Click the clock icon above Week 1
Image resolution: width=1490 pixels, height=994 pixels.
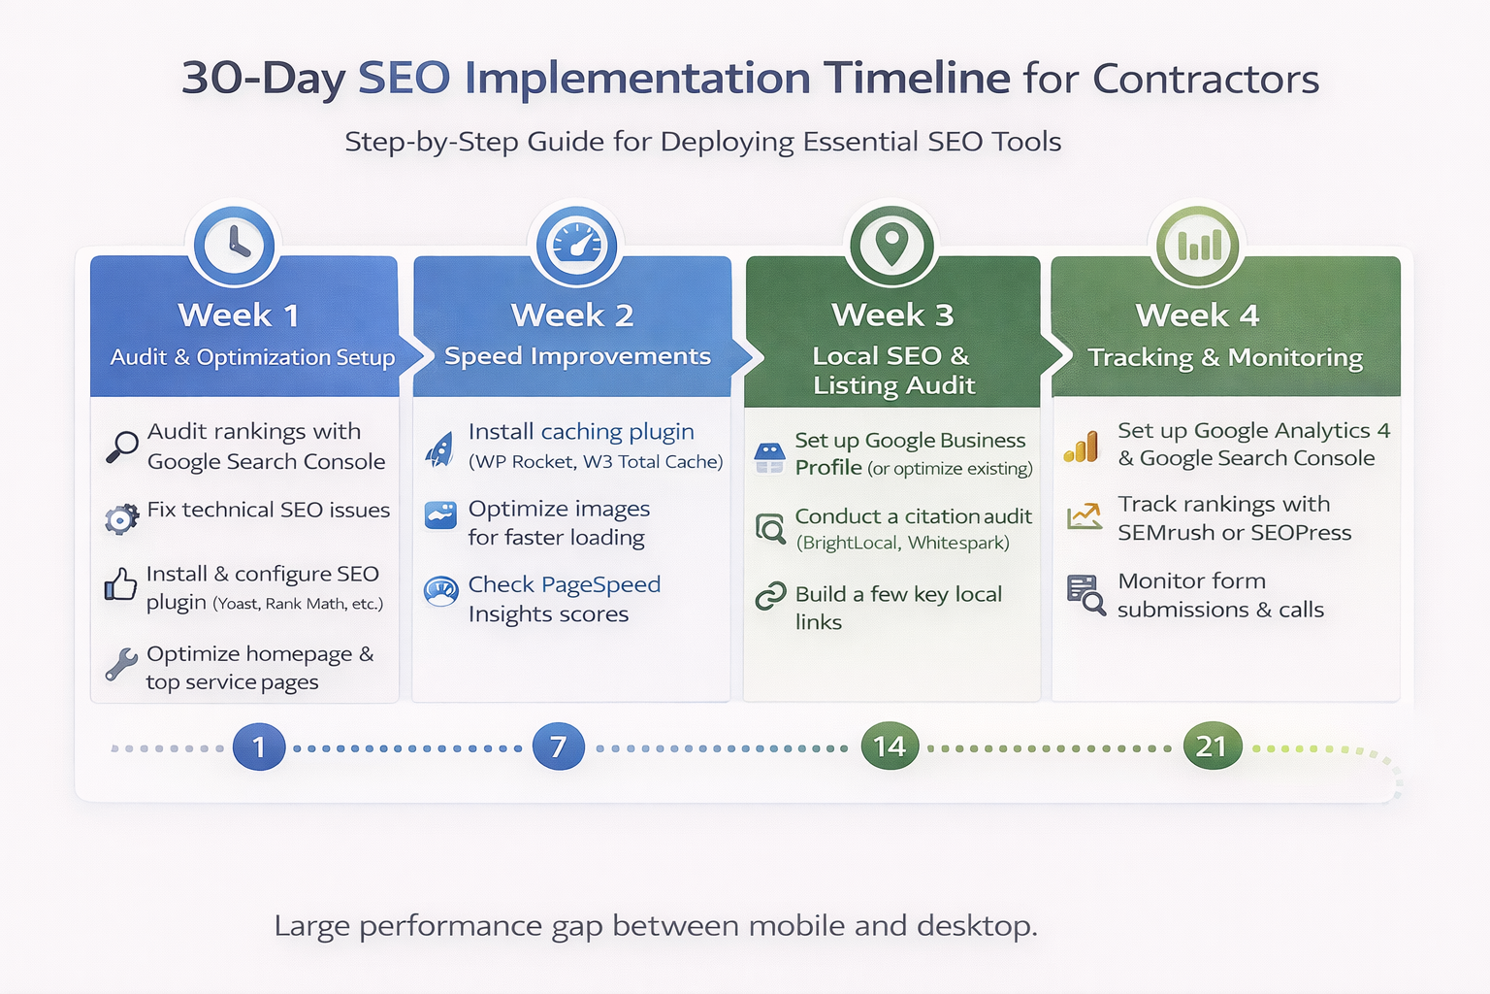pyautogui.click(x=234, y=245)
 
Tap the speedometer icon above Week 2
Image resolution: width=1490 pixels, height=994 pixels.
pyautogui.click(x=576, y=245)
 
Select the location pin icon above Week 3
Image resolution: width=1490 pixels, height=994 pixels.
pyautogui.click(x=891, y=245)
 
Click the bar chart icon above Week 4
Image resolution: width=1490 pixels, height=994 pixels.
pyautogui.click(x=1198, y=245)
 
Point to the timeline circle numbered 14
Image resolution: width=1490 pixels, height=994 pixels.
pyautogui.click(x=890, y=745)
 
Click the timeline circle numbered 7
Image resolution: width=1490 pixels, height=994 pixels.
pyautogui.click(x=559, y=746)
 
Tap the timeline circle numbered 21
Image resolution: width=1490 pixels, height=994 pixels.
pyautogui.click(x=1213, y=745)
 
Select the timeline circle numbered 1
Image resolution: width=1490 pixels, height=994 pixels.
pyautogui.click(x=259, y=746)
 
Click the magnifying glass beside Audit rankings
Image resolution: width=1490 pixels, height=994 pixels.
pyautogui.click(x=121, y=447)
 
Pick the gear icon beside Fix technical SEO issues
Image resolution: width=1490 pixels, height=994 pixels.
pyautogui.click(x=121, y=518)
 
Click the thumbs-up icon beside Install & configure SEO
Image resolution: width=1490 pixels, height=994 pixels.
pyautogui.click(x=120, y=584)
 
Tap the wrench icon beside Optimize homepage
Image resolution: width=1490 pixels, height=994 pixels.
pyautogui.click(x=121, y=664)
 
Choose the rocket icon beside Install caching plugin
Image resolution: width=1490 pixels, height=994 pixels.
pyautogui.click(x=439, y=449)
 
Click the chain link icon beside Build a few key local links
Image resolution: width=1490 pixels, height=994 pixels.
pyautogui.click(x=771, y=596)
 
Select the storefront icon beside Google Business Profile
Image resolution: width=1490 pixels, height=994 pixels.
pyautogui.click(x=769, y=458)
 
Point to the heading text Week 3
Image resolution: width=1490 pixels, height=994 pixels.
pyautogui.click(x=892, y=315)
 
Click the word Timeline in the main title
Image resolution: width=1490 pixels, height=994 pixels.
pyautogui.click(x=917, y=78)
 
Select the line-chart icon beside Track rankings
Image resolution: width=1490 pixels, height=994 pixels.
pyautogui.click(x=1085, y=516)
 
